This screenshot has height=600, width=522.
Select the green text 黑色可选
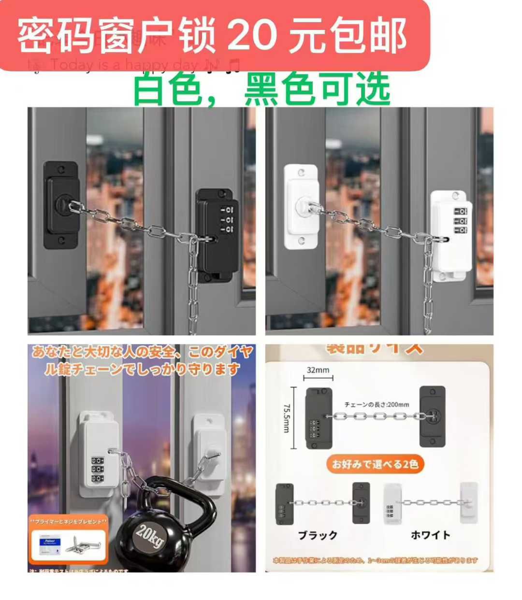pyautogui.click(x=317, y=89)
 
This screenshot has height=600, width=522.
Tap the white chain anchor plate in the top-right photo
pyautogui.click(x=301, y=206)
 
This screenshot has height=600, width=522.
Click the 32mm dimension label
pyautogui.click(x=318, y=371)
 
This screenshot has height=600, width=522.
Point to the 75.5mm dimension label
pyautogui.click(x=286, y=418)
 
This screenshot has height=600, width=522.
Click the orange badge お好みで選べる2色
pyautogui.click(x=375, y=464)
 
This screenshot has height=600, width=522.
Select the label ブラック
pyautogui.click(x=318, y=535)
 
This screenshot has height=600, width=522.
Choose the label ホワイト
pyautogui.click(x=430, y=535)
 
